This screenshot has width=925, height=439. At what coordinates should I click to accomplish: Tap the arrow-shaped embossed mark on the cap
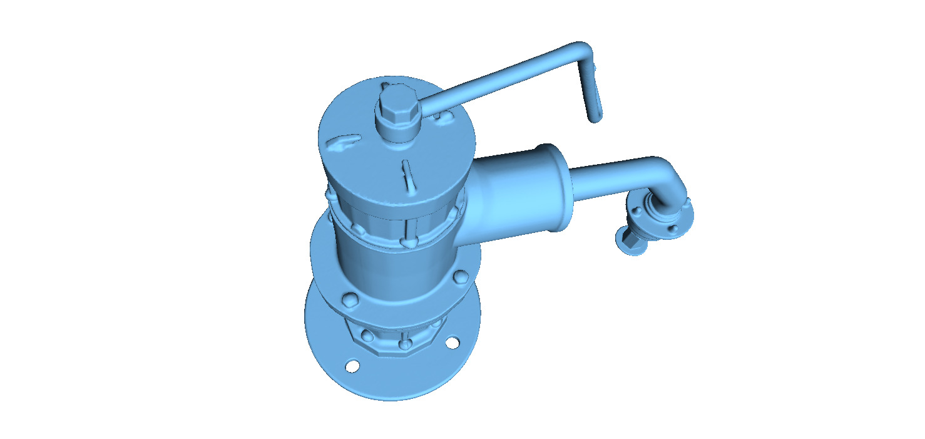pyautogui.click(x=343, y=145)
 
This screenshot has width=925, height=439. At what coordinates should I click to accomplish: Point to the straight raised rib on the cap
pyautogui.click(x=407, y=177)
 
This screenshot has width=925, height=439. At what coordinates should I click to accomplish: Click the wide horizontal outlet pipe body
pyautogui.click(x=507, y=194)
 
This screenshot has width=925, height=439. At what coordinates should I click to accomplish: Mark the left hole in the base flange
pyautogui.click(x=353, y=366)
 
